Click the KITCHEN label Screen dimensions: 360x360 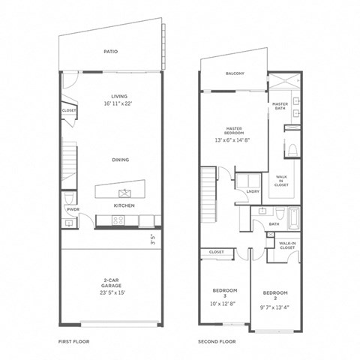click(123, 205)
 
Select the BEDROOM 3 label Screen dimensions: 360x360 click(226, 292)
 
